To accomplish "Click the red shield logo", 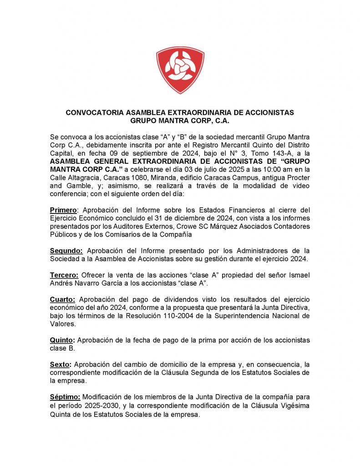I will coord(180,70).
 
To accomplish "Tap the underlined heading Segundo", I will coord(66,251).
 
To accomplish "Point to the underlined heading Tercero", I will coord(64,275).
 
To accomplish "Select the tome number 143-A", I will coord(269,152).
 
